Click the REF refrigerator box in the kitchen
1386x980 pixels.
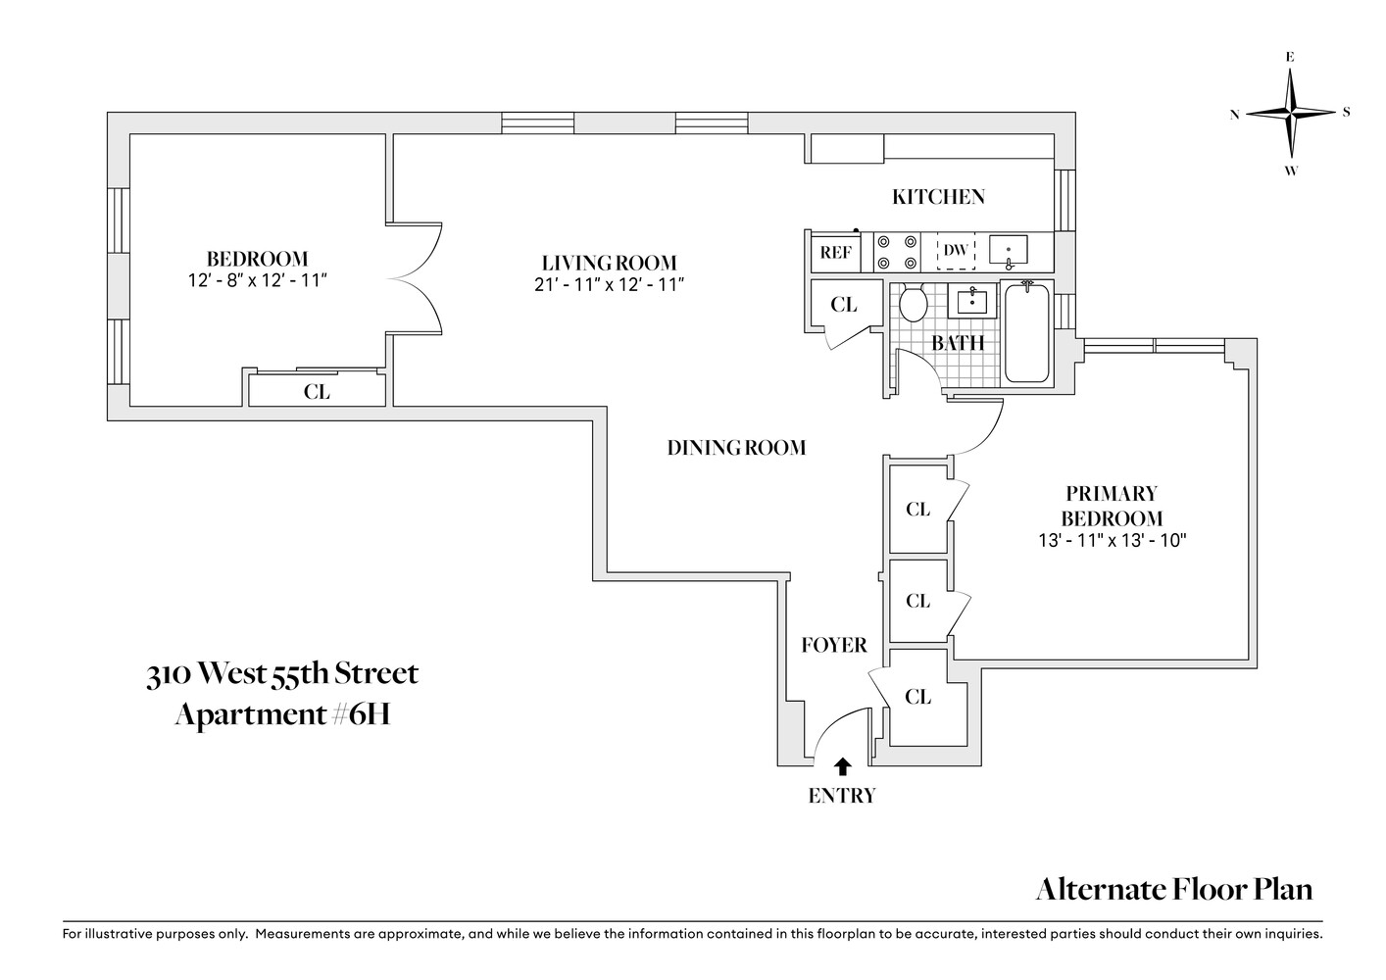(835, 252)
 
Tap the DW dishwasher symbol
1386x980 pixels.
(956, 251)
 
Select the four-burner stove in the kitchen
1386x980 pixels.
(897, 252)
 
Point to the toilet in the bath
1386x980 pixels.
(914, 303)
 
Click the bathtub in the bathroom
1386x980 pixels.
(1026, 333)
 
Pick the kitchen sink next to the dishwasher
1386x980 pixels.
(1009, 252)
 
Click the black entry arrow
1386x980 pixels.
(842, 766)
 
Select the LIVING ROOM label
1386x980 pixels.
(609, 263)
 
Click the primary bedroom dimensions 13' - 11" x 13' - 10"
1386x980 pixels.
(1113, 540)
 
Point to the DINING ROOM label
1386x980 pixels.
(736, 448)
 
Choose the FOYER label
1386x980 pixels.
(833, 645)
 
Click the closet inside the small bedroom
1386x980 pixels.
(316, 391)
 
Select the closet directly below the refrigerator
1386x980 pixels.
(843, 305)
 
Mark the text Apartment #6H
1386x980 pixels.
(282, 714)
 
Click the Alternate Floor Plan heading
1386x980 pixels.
(1173, 889)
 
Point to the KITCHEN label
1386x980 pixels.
(938, 197)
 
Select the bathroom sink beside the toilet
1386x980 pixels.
(971, 299)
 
